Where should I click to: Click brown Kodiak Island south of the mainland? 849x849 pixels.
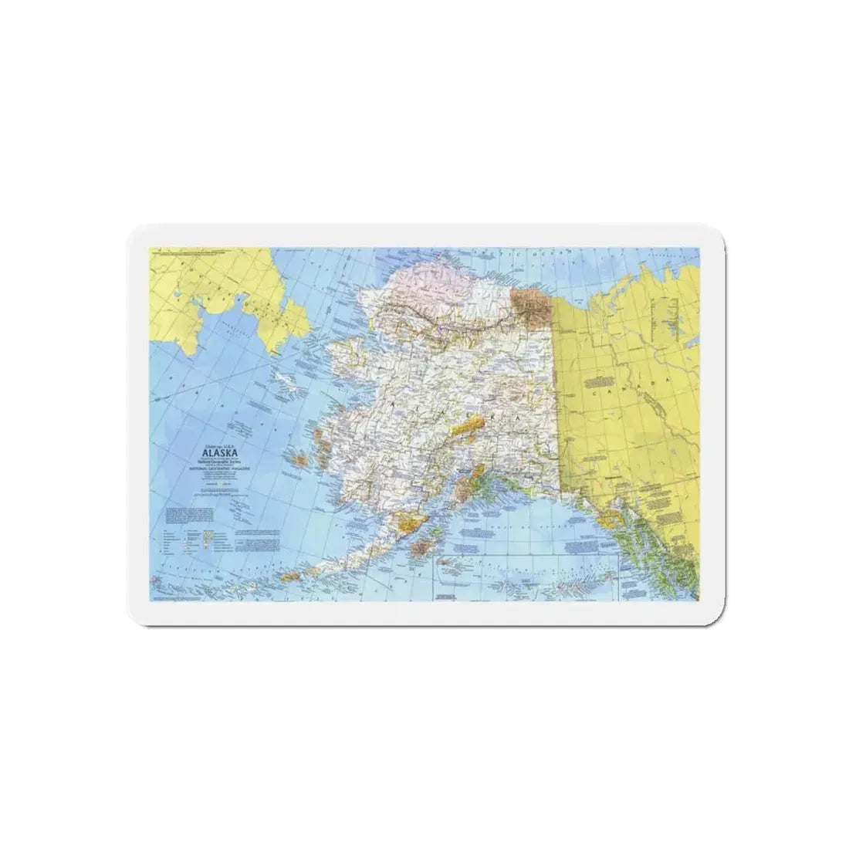pyautogui.click(x=424, y=549)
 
